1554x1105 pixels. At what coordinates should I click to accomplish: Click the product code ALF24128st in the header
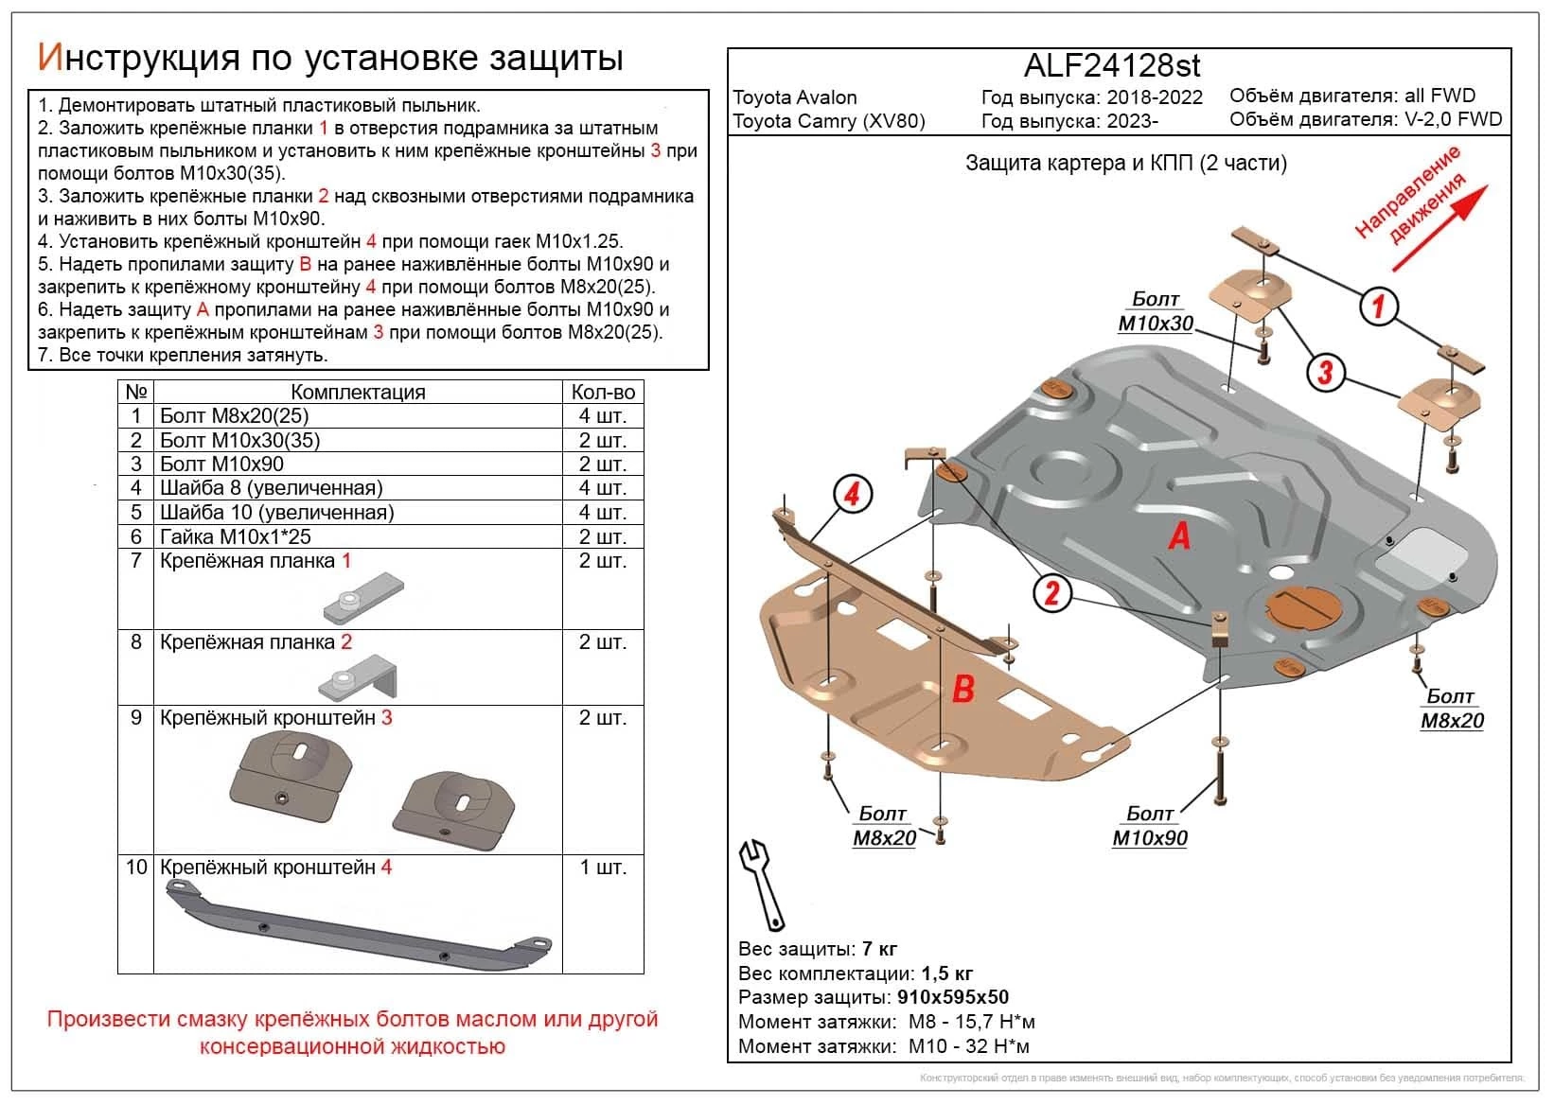(x=1112, y=65)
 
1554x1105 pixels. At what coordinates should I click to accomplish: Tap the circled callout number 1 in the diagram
(x=1378, y=306)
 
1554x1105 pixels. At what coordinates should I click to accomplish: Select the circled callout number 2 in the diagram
(x=1051, y=593)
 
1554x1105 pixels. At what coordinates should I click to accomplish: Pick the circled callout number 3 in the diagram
(x=1324, y=372)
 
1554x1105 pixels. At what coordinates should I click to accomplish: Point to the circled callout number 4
(x=852, y=494)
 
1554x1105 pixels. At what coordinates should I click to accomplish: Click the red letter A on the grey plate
(x=1179, y=536)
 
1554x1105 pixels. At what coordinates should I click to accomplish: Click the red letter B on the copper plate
(x=962, y=689)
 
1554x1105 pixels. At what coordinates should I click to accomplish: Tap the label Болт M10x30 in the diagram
(x=1156, y=311)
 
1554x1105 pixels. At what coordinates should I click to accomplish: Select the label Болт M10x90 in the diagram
(x=1150, y=826)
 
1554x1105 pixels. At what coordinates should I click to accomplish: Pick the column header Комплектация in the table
(x=358, y=392)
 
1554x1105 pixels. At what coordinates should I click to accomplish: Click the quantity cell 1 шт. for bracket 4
(x=603, y=868)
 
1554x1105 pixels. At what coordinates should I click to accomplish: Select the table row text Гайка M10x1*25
(x=236, y=536)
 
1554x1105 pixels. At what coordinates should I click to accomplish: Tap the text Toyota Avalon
(x=795, y=97)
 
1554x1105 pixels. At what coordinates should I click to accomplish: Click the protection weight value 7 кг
(x=879, y=949)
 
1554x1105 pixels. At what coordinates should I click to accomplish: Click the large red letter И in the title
(x=50, y=58)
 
